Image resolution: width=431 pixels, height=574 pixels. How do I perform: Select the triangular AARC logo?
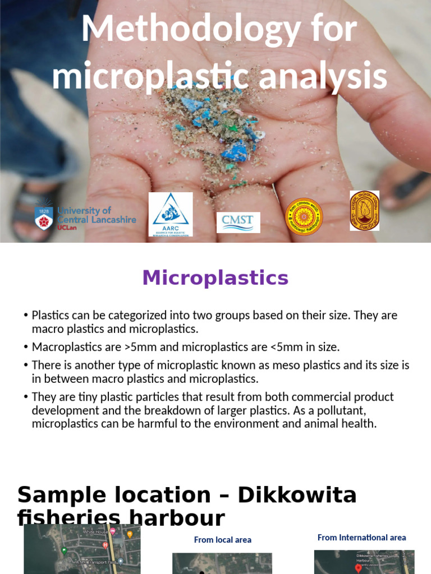point(171,214)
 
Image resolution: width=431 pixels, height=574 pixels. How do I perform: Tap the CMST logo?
point(239,222)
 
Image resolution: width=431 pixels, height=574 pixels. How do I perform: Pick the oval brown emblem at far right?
point(364,211)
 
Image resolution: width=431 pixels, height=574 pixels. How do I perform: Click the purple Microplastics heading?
point(215,278)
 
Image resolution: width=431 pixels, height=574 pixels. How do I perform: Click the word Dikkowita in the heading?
point(297,496)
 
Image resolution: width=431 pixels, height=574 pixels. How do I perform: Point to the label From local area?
point(222,540)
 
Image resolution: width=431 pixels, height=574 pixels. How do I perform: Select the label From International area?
point(361,538)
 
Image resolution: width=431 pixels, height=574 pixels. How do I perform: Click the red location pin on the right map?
point(358,568)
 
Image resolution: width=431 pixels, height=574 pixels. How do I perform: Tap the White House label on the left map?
point(95,531)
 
